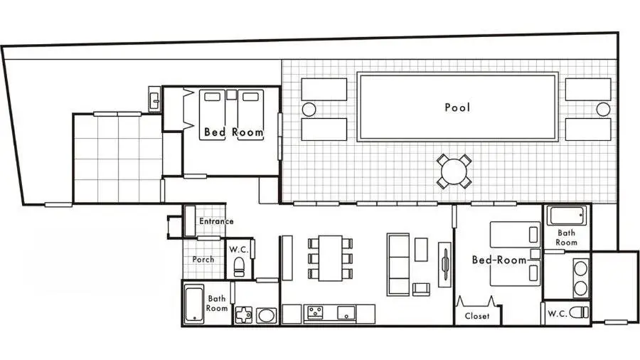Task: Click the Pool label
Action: [x=457, y=107]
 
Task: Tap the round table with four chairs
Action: [x=453, y=171]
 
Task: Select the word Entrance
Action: [x=215, y=221]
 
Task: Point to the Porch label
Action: [x=203, y=259]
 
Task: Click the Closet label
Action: [x=477, y=315]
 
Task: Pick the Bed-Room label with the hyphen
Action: [x=499, y=260]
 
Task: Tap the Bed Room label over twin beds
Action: [x=233, y=132]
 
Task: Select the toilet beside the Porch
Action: [x=240, y=268]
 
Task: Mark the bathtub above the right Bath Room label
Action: [x=567, y=215]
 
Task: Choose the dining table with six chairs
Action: [x=330, y=258]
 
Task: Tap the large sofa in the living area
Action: [x=398, y=264]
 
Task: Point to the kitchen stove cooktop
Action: [x=314, y=312]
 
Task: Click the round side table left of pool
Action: [x=309, y=109]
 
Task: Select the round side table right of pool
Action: [x=603, y=109]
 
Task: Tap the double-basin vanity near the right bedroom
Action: [x=580, y=277]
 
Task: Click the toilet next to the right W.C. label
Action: [x=580, y=312]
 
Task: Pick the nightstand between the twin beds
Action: [x=231, y=94]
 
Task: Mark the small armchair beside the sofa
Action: [x=421, y=288]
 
